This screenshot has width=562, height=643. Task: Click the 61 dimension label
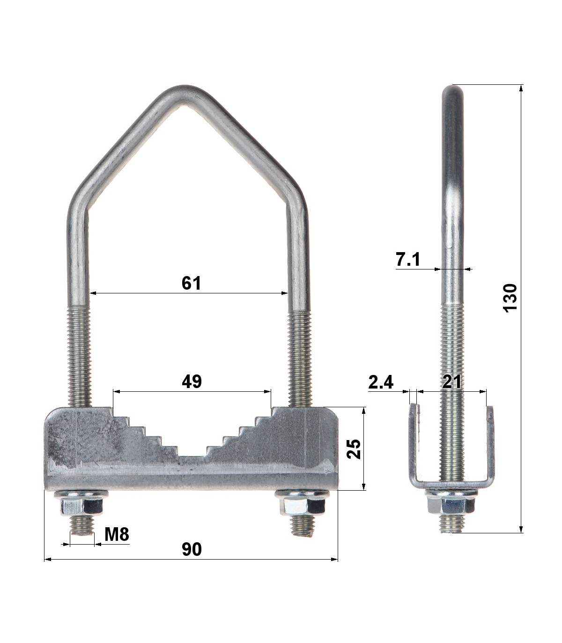[191, 283]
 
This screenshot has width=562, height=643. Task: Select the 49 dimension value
[192, 381]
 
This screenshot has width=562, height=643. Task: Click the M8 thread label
[117, 534]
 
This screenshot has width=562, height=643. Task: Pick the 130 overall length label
[510, 298]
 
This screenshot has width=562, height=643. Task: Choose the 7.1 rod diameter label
[407, 260]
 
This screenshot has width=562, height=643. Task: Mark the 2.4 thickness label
[381, 382]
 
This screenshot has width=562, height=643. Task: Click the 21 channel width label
[452, 382]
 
